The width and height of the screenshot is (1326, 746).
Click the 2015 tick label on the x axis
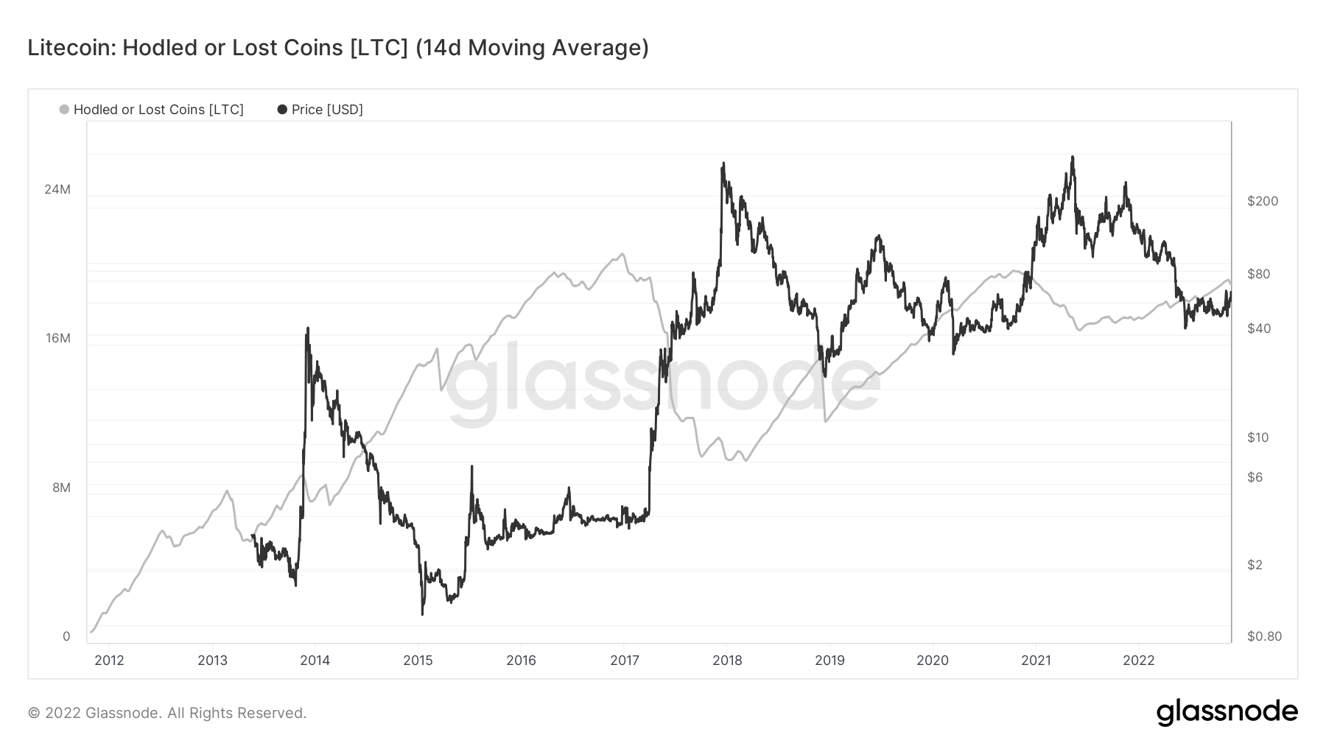click(418, 660)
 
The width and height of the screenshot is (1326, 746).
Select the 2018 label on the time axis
click(727, 660)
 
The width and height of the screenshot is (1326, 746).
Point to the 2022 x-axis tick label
click(1138, 660)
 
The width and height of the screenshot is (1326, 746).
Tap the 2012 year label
click(109, 660)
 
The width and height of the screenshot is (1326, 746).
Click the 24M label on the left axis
click(57, 189)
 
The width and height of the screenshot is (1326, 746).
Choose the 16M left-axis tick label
click(57, 338)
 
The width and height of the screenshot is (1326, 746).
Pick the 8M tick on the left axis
click(60, 488)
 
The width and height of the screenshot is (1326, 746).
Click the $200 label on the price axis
click(1263, 201)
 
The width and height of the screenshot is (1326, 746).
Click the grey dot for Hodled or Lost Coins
click(64, 110)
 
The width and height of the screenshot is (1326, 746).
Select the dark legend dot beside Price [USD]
click(282, 110)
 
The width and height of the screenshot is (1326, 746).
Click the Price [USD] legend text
click(327, 110)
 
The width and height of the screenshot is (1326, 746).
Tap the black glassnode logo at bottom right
click(1227, 712)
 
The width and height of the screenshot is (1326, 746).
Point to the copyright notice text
click(167, 713)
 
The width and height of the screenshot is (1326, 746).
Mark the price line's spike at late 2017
click(723, 163)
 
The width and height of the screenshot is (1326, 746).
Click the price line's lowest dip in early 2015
click(422, 614)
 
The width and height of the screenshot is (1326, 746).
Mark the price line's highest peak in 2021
click(1073, 157)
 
